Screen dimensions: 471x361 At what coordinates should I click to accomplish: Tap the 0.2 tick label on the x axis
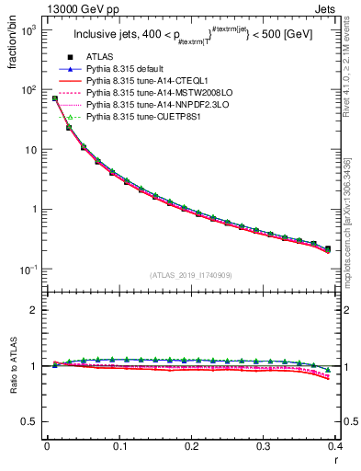191,446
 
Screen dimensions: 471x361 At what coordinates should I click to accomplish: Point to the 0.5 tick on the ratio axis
32,421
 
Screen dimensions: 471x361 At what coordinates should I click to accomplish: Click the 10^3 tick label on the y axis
30,30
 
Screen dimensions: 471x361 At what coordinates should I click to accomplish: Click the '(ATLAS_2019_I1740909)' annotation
191,275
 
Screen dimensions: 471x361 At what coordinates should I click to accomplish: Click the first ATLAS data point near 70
55,98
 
